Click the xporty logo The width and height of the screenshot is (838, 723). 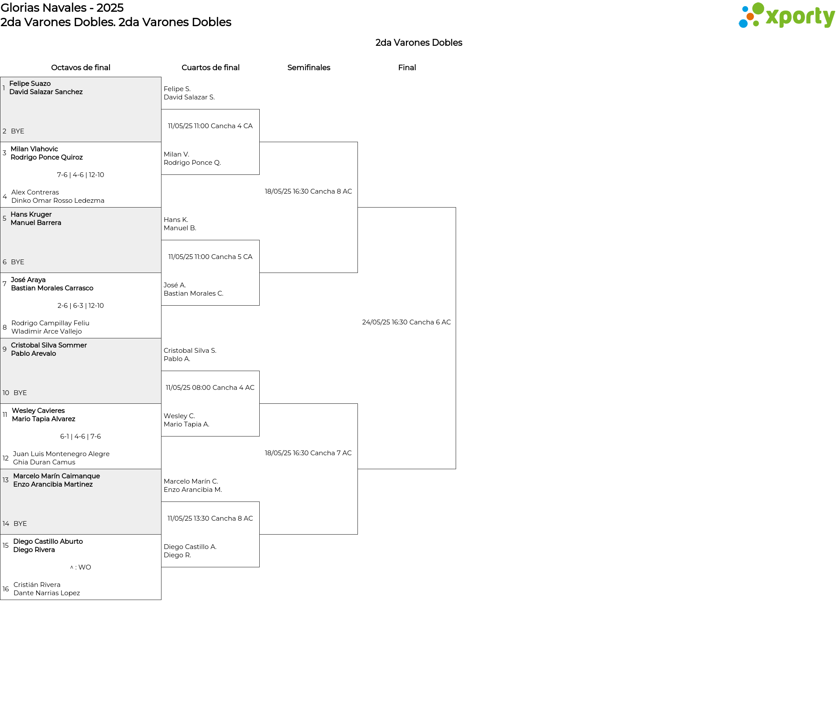786,15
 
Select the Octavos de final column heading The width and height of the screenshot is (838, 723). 81,68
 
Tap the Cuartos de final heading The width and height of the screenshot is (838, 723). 210,68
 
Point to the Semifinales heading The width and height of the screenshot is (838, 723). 309,68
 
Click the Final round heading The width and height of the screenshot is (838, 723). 407,68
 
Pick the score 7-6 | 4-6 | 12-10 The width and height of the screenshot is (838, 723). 81,175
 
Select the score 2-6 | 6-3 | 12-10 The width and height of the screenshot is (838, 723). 81,306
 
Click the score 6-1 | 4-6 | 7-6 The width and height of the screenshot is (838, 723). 81,437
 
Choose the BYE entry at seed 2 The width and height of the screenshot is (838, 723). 17,131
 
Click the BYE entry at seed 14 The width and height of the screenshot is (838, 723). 20,524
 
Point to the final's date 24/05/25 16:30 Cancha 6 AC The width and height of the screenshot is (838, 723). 406,322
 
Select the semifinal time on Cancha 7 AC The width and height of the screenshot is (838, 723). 308,453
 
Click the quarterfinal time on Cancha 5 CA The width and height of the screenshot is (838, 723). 210,257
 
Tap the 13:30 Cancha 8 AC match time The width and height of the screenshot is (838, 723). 210,518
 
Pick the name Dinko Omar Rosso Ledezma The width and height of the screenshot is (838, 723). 58,201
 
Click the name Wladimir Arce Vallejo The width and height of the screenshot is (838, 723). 47,331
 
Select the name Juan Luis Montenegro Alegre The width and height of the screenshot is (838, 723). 61,454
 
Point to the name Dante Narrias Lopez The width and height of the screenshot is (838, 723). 47,593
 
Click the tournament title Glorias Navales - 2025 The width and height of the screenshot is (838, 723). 62,8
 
